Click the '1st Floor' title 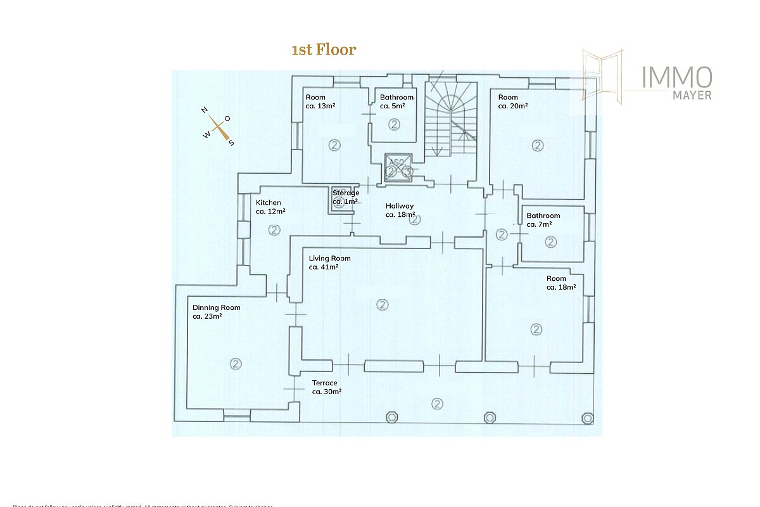click(x=324, y=50)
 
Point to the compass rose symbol click(x=218, y=127)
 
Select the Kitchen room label click(x=269, y=203)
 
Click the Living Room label click(x=329, y=259)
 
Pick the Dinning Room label click(x=217, y=307)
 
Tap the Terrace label click(x=325, y=383)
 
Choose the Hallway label click(x=400, y=206)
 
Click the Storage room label click(x=346, y=193)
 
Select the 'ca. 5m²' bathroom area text click(x=392, y=106)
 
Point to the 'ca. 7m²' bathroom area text click(x=539, y=224)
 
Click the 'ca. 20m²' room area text click(x=513, y=106)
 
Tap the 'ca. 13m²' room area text click(x=320, y=106)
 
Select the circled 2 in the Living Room click(x=382, y=305)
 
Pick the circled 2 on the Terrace click(x=437, y=403)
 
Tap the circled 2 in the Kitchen click(x=274, y=229)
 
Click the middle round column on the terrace click(x=490, y=418)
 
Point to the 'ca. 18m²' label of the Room click(x=561, y=287)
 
